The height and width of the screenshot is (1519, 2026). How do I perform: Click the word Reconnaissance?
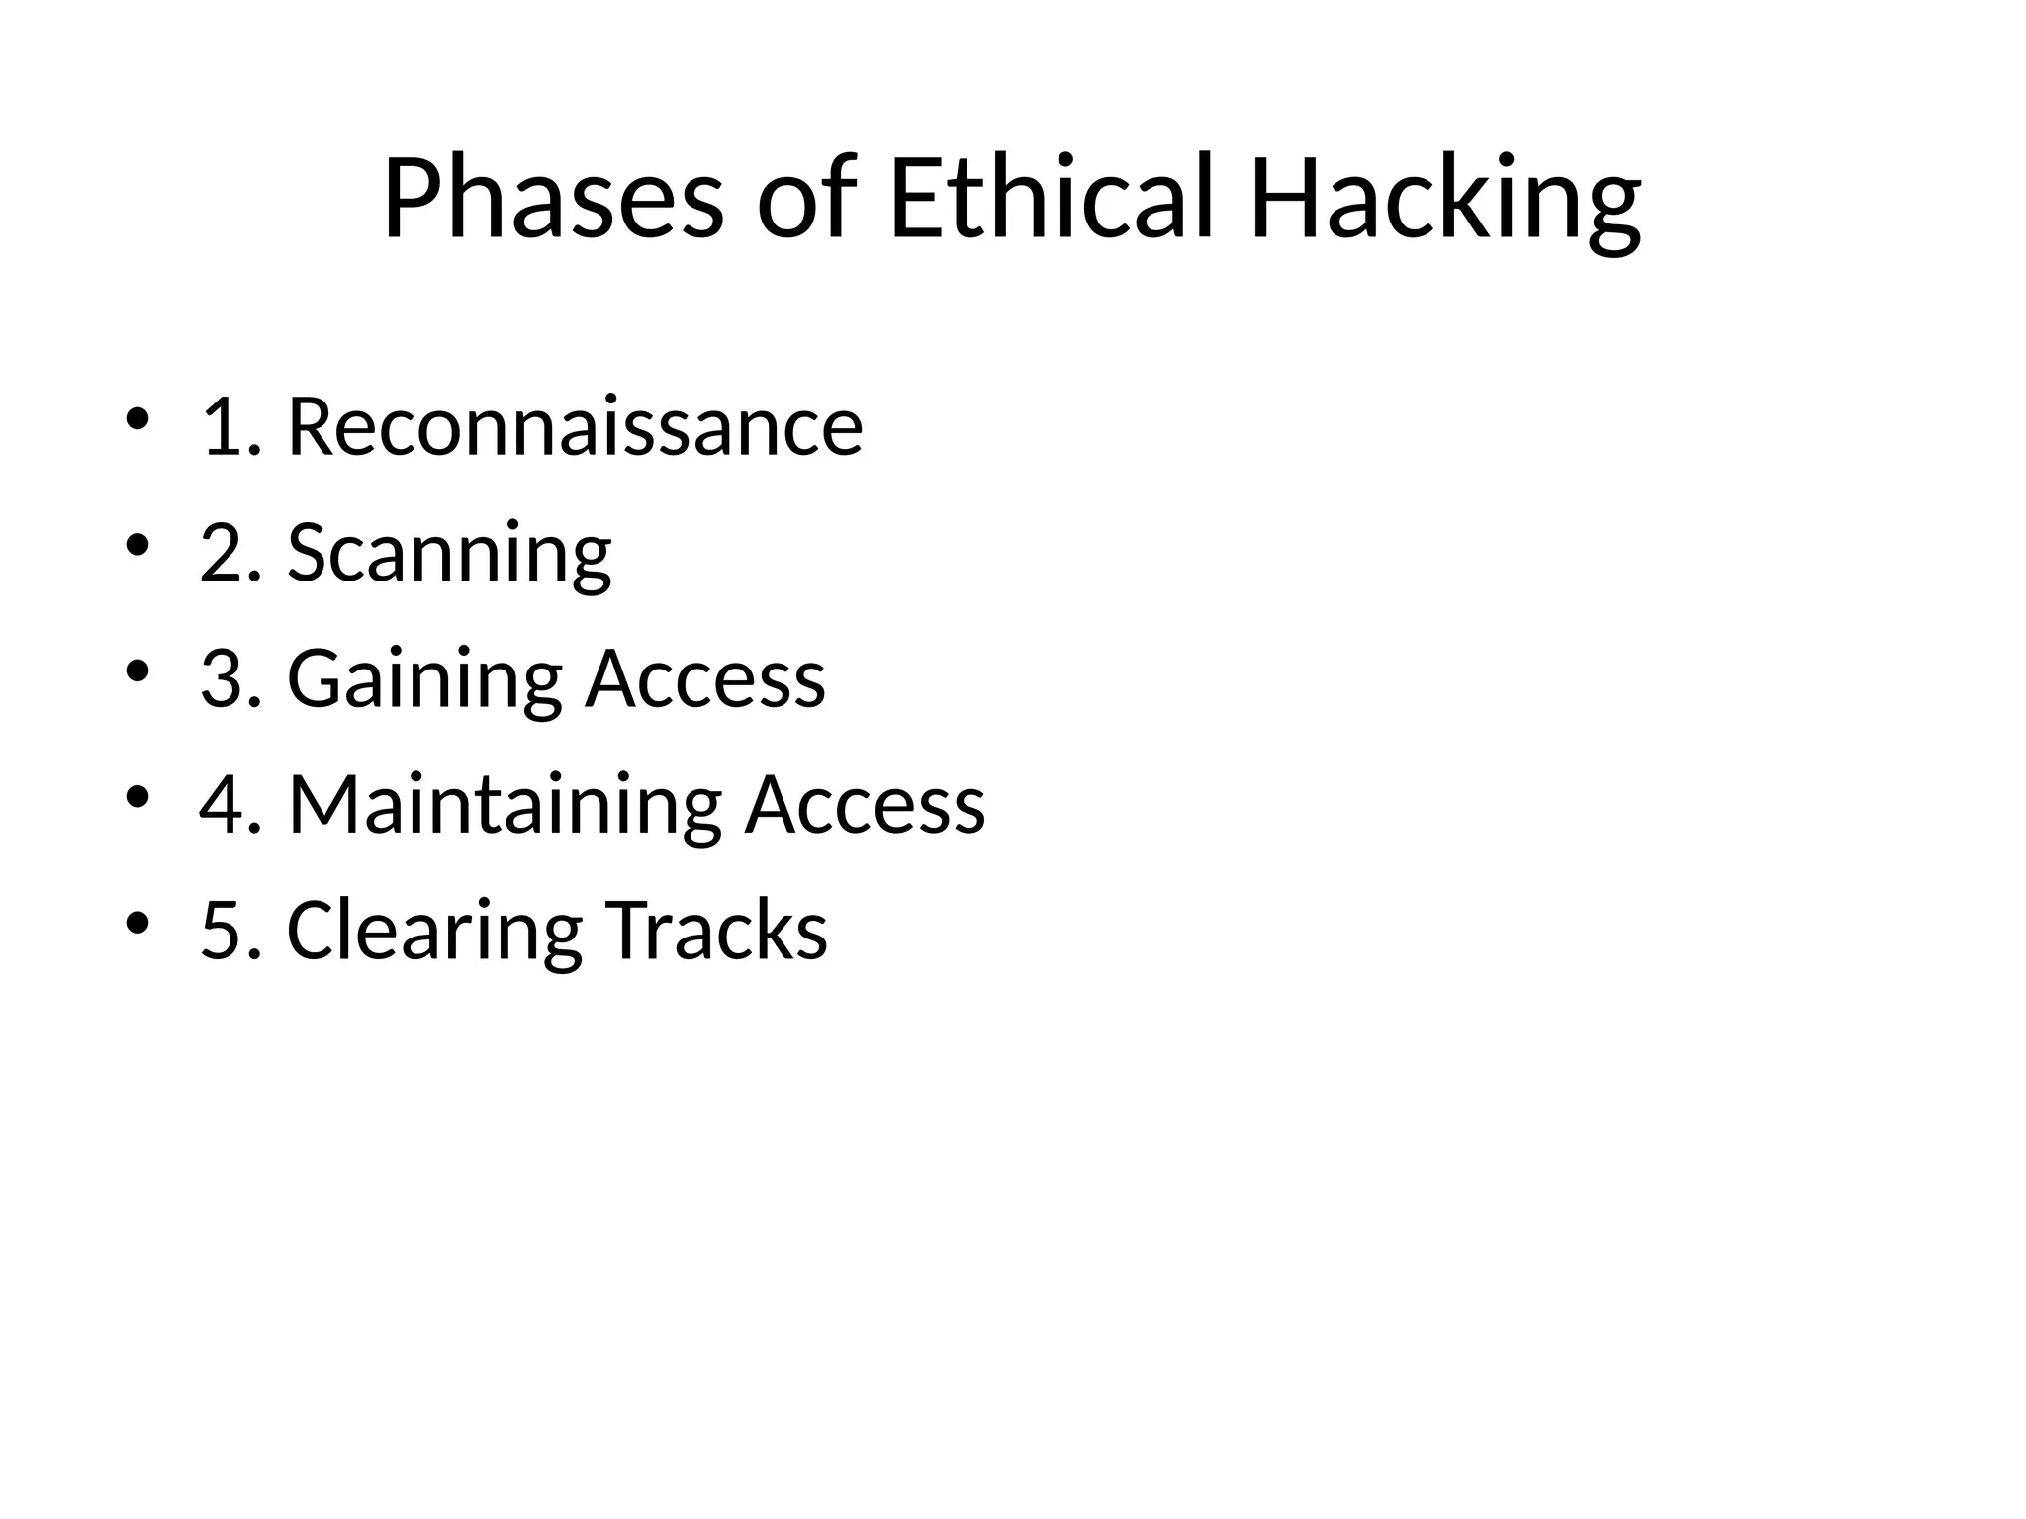pyautogui.click(x=575, y=427)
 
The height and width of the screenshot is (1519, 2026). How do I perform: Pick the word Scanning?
pyautogui.click(x=449, y=554)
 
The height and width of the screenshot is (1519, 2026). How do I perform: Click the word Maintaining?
pyautogui.click(x=505, y=805)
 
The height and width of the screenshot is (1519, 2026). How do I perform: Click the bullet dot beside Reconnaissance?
pyautogui.click(x=138, y=419)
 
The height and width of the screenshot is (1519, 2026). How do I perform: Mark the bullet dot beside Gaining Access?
pyautogui.click(x=138, y=671)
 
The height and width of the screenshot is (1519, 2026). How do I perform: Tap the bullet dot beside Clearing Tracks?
pyautogui.click(x=138, y=924)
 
